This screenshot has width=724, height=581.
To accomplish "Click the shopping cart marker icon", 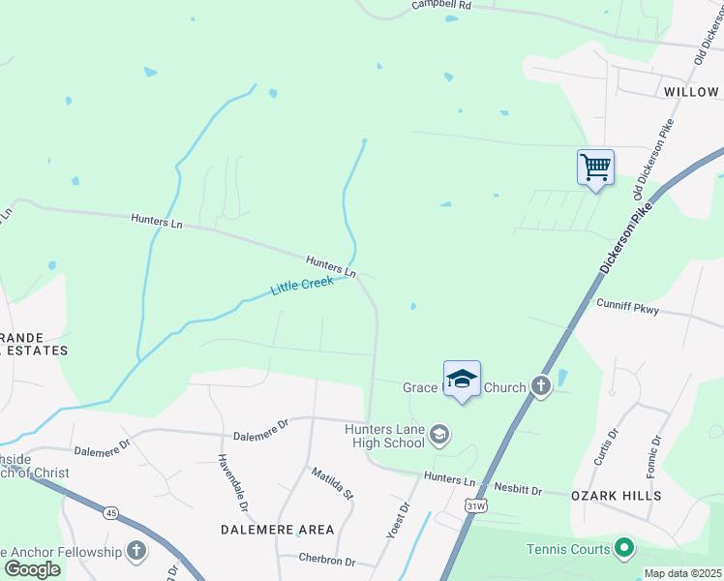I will coord(595,167).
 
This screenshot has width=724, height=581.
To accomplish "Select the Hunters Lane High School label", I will coord(385,436).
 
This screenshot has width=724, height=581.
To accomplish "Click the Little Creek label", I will coord(302,286).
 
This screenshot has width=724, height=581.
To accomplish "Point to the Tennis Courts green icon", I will coord(624,549).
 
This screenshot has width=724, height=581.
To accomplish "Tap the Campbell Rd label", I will coord(440,5).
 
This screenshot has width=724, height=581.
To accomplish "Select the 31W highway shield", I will coord(474,505).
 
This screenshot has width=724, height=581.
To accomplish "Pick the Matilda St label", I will coord(331,484).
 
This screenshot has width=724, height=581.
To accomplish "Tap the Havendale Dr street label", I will coord(233,483).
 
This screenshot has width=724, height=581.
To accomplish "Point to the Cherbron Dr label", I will coord(326,562).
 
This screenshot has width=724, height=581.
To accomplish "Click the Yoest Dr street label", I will coord(398,520).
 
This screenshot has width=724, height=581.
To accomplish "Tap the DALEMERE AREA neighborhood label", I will coord(278,530).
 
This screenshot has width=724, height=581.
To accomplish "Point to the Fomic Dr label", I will coord(655,454).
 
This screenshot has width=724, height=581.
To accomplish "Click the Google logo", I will coord(31,569).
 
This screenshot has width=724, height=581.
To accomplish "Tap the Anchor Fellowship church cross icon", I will coord(136,552).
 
